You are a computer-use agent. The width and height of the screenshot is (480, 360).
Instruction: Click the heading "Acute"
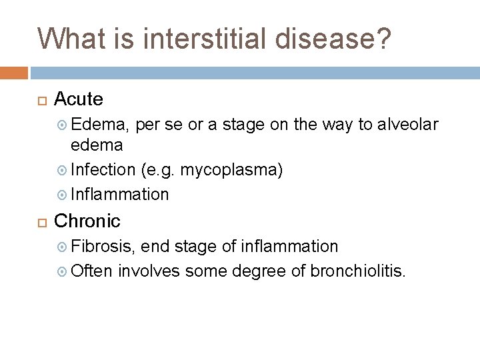[x=78, y=99]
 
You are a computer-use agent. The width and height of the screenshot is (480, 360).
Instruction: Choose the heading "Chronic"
[x=87, y=220]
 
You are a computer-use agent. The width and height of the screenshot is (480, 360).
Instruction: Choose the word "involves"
[x=147, y=271]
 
